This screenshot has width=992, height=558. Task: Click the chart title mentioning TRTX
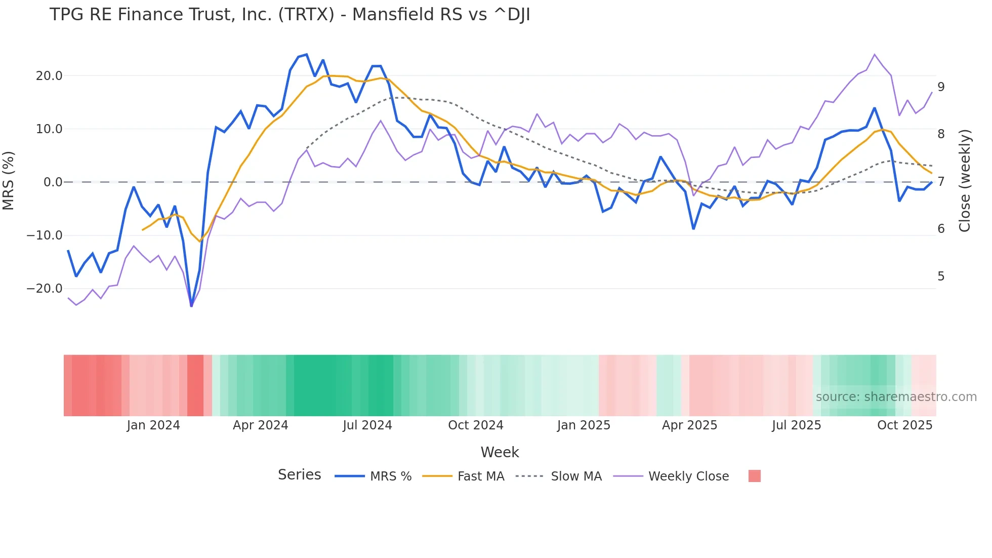pyautogui.click(x=290, y=15)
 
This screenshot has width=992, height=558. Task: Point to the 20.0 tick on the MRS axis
pyautogui.click(x=49, y=76)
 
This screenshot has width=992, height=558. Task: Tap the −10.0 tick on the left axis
pyautogui.click(x=45, y=235)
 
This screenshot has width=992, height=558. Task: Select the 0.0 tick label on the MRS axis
pyautogui.click(x=53, y=182)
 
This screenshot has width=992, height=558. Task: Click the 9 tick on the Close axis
pyautogui.click(x=941, y=87)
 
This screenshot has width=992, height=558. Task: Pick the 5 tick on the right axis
pyautogui.click(x=941, y=276)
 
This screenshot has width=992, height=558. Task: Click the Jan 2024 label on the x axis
pyautogui.click(x=153, y=425)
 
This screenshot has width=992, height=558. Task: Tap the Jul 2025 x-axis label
pyautogui.click(x=796, y=425)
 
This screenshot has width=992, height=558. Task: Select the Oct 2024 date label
pyautogui.click(x=476, y=425)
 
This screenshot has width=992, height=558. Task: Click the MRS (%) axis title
pyautogui.click(x=9, y=181)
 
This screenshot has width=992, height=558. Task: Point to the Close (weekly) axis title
pyautogui.click(x=965, y=181)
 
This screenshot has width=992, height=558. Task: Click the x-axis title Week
pyautogui.click(x=500, y=452)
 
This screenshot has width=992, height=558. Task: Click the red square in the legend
pyautogui.click(x=754, y=476)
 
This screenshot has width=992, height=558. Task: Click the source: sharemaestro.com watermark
pyautogui.click(x=896, y=397)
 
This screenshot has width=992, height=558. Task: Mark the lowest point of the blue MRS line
pyautogui.click(x=191, y=306)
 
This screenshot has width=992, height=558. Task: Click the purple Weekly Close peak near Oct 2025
pyautogui.click(x=875, y=54)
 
